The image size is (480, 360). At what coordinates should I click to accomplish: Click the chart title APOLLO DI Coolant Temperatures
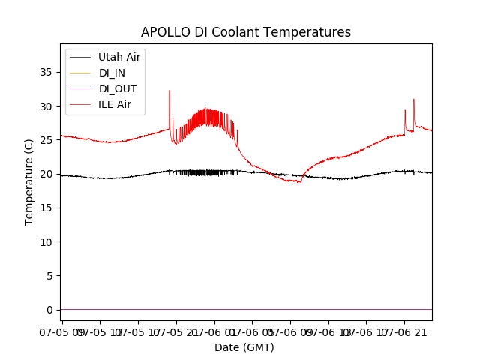click(x=246, y=32)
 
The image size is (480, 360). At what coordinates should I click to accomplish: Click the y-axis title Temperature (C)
click(x=29, y=181)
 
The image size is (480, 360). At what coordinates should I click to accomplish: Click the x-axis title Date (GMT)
click(x=244, y=347)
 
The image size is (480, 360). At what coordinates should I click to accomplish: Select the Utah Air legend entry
click(x=119, y=57)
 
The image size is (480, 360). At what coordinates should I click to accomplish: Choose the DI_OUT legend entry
click(x=118, y=88)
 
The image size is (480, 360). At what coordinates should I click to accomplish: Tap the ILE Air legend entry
click(x=115, y=104)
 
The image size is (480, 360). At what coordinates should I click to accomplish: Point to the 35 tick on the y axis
click(x=46, y=72)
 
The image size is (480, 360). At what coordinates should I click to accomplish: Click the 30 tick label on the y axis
click(x=46, y=106)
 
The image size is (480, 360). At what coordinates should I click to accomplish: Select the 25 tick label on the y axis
click(x=46, y=140)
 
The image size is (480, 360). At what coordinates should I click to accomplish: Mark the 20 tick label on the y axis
click(x=46, y=174)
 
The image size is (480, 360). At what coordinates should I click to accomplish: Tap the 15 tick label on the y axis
click(x=46, y=208)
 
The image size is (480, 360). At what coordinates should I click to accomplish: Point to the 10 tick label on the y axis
click(x=46, y=241)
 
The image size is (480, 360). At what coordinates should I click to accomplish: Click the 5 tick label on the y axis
click(x=49, y=275)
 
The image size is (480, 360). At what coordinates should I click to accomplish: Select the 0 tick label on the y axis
click(x=49, y=310)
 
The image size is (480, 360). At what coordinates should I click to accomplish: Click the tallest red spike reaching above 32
click(x=169, y=91)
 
